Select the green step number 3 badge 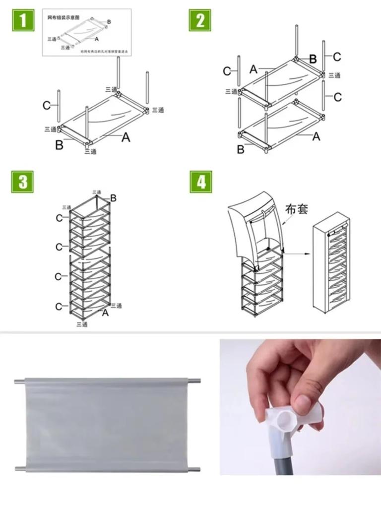[x=23, y=182]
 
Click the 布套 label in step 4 [x=297, y=209]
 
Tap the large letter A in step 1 [x=126, y=137]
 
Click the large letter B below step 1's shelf [x=59, y=146]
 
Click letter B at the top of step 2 [x=313, y=59]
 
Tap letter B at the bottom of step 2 [x=241, y=149]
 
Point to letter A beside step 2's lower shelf [x=316, y=136]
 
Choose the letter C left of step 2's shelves [x=227, y=71]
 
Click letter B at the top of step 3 [x=114, y=198]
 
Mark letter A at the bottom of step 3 [x=105, y=313]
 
